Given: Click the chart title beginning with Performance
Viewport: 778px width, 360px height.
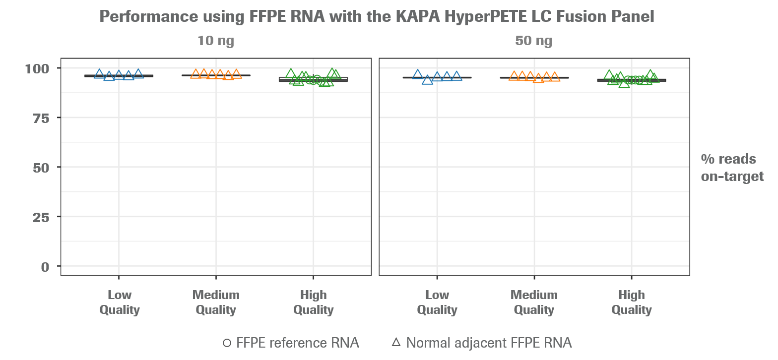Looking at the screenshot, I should [377, 17].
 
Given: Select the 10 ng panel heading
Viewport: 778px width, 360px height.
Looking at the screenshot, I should [215, 41].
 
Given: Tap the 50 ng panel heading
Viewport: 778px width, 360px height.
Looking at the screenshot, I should [533, 41].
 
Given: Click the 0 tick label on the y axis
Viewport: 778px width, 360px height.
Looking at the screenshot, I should [46, 267].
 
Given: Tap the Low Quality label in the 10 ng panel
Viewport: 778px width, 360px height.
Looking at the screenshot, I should [119, 302].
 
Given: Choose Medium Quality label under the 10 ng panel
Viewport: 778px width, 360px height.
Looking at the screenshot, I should [216, 302].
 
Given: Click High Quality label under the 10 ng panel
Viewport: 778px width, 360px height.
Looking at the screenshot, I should [313, 302].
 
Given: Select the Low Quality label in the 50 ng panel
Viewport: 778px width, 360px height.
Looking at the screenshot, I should [437, 302].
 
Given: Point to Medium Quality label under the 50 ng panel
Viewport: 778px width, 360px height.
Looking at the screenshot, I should [534, 302].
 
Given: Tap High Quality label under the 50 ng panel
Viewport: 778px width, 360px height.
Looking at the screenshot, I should [631, 302].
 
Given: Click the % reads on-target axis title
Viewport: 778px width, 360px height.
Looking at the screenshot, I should [732, 168].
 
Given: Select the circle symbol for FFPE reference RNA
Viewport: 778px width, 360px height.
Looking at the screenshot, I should [227, 343].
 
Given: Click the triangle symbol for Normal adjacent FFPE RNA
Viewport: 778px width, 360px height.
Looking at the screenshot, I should [396, 342].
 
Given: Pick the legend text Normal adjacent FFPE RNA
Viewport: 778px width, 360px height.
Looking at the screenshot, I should [489, 343].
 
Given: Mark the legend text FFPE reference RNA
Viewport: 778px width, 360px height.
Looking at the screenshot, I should [298, 343].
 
